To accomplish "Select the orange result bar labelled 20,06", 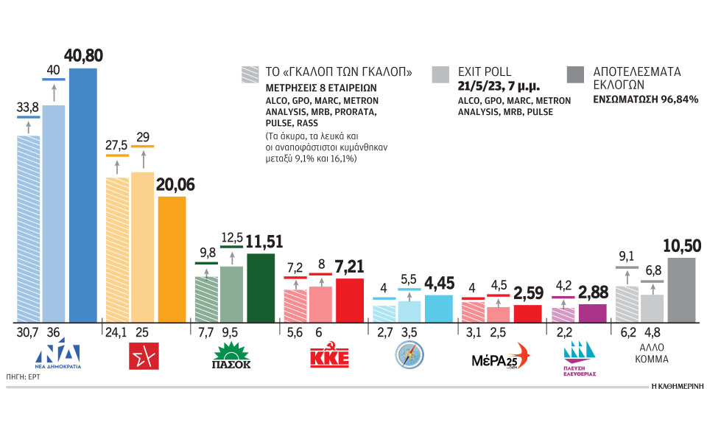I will (x=172, y=259).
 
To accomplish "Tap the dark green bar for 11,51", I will (x=260, y=287).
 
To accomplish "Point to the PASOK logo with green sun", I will (x=232, y=354).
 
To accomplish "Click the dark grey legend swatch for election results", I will (x=576, y=74).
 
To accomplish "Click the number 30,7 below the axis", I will (x=27, y=332).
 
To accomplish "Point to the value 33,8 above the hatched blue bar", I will (x=28, y=106).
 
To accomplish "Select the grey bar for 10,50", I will (x=681, y=290).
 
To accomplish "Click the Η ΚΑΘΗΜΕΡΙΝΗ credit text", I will (x=677, y=385).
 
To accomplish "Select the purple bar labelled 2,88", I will (x=593, y=313).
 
